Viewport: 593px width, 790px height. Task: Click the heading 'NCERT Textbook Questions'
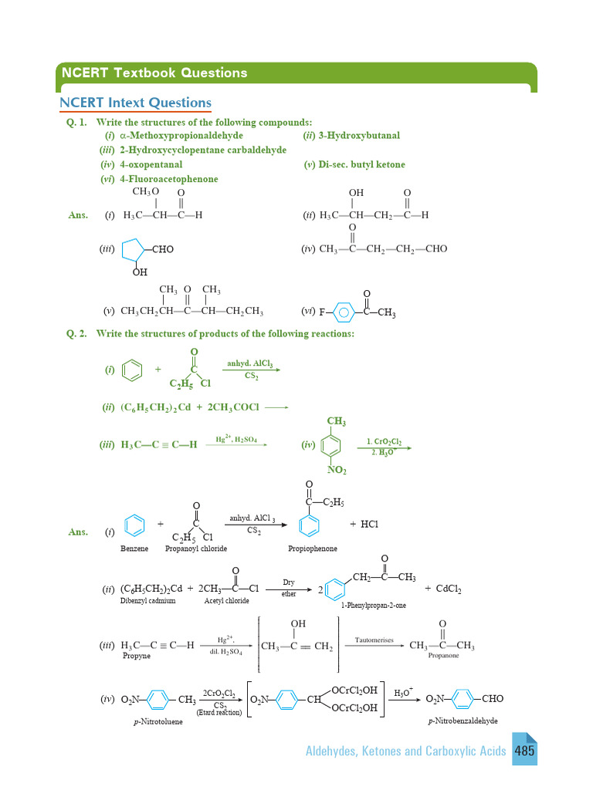tap(155, 73)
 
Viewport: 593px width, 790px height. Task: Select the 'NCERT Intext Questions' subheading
tap(136, 103)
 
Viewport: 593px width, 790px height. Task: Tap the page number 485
tap(526, 750)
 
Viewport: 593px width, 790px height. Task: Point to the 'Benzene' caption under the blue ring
tap(134, 549)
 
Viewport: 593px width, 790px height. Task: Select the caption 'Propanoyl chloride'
tap(196, 549)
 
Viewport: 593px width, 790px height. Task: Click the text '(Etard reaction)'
tap(219, 712)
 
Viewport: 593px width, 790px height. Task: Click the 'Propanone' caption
tap(444, 655)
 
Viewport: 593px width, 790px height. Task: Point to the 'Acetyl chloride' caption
tap(227, 600)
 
